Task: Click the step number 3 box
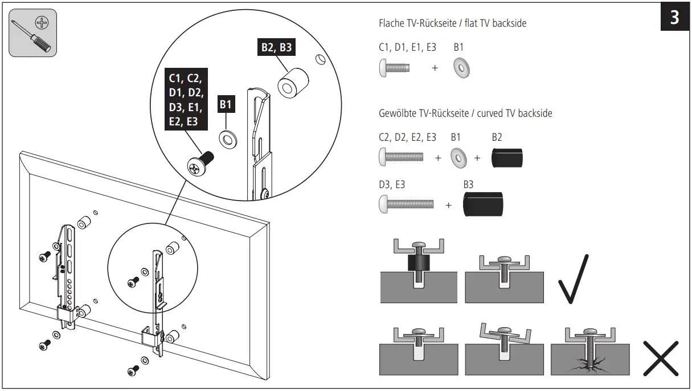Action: [674, 18]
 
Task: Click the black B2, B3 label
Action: [276, 47]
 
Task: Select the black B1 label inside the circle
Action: [226, 104]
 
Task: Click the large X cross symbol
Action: [661, 358]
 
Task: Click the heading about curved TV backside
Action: [465, 113]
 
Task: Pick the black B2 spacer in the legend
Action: [507, 157]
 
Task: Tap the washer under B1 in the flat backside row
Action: [461, 68]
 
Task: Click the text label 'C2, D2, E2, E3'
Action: [407, 137]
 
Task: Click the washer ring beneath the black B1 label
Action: [228, 138]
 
